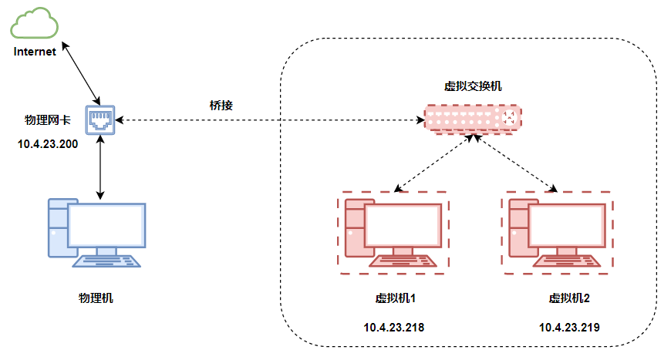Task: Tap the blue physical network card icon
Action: coord(100,119)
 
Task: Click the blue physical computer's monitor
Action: coord(106,224)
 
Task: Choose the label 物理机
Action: coord(96,298)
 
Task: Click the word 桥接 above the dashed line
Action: coord(221,105)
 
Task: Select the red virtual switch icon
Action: coord(472,118)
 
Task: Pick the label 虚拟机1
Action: coord(396,298)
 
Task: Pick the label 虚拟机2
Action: coord(569,298)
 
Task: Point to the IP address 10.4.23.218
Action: coord(394,327)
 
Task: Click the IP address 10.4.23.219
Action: coord(569,327)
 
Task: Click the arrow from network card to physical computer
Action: coord(101,166)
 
